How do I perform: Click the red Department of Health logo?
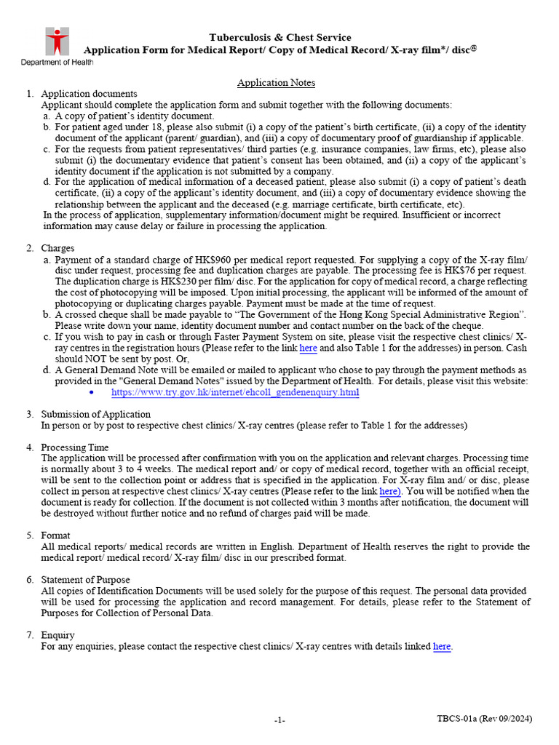pos(57,41)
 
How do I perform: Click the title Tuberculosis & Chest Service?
pos(280,37)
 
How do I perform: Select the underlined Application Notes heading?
pos(276,84)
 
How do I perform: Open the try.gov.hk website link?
pos(235,392)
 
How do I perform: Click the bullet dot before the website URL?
pos(91,392)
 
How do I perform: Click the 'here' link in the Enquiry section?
pos(442,646)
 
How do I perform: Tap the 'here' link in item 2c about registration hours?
pos(309,348)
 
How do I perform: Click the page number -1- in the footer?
pos(279,720)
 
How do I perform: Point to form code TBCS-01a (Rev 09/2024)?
pos(484,719)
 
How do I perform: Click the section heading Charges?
pos(58,249)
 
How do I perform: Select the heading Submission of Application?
pos(89,414)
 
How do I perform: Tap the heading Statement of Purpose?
pos(85,580)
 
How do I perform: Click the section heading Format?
pos(56,535)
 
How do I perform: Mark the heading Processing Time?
pos(75,447)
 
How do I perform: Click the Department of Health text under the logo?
pos(57,63)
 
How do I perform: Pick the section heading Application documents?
pos(89,94)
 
